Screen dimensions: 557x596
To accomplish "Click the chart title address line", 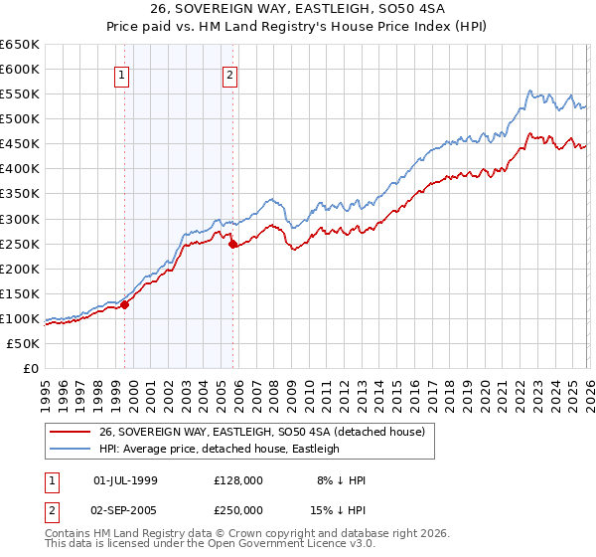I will tap(297, 10).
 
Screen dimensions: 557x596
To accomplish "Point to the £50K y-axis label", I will tap(23, 343).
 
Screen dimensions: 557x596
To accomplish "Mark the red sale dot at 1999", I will tap(125, 304).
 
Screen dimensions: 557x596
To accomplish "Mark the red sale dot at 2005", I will tap(232, 244).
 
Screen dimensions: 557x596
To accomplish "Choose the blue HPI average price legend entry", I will tap(219, 449).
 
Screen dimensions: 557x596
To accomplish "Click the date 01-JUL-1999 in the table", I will tap(124, 480).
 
